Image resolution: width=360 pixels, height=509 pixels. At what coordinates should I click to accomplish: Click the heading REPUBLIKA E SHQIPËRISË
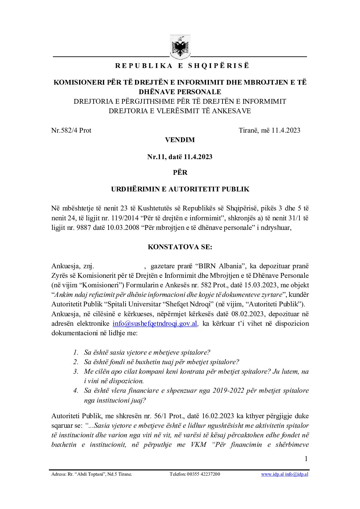182,66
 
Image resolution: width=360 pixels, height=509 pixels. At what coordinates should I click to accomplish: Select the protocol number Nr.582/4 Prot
71,130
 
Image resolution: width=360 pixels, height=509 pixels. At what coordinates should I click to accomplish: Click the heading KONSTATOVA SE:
180,247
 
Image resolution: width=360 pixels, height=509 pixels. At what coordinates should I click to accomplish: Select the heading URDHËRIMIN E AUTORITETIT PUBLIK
180,189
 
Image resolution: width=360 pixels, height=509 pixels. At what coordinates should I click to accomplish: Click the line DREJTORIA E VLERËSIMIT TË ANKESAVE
180,111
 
